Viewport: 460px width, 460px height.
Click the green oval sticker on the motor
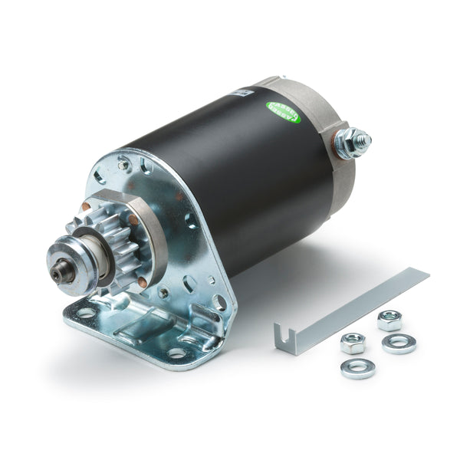coord(283,112)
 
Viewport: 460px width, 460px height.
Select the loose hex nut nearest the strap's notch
coord(352,342)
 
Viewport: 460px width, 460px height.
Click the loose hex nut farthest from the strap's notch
coord(389,320)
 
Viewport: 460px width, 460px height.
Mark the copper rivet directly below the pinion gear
coord(143,283)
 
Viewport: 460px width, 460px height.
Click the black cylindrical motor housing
coord(230,176)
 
